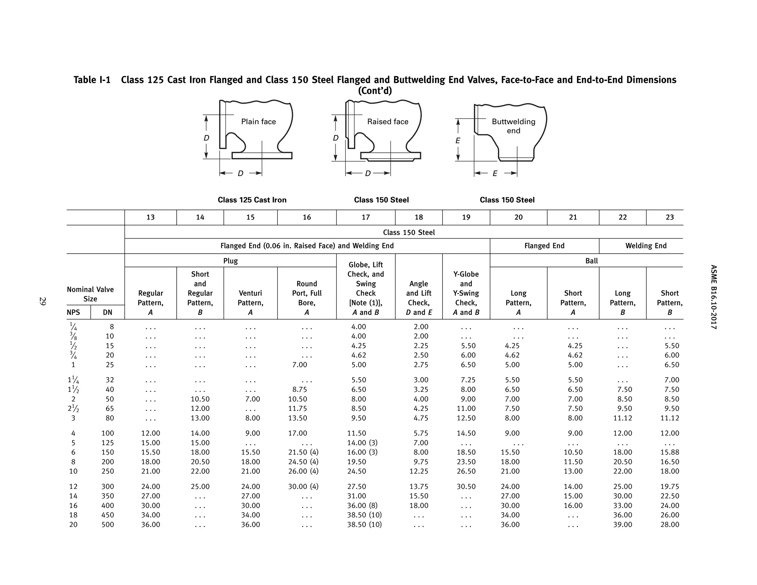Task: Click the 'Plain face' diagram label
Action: click(258, 122)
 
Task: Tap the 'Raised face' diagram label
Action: click(387, 122)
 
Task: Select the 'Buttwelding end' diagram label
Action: click(513, 126)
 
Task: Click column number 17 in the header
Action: click(366, 217)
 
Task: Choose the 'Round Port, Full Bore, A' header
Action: click(306, 298)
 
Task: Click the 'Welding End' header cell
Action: click(646, 246)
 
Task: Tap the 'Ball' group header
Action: click(591, 261)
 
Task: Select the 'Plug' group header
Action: click(230, 261)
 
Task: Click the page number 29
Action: click(43, 301)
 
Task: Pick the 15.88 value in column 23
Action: click(669, 452)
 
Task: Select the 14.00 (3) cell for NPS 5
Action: click(362, 443)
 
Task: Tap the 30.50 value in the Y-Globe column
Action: click(466, 487)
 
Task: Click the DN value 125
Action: click(108, 443)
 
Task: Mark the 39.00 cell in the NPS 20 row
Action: click(622, 524)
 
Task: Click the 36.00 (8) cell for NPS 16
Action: click(362, 505)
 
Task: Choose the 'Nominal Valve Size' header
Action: click(90, 294)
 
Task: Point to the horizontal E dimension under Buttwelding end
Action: click(495, 173)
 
